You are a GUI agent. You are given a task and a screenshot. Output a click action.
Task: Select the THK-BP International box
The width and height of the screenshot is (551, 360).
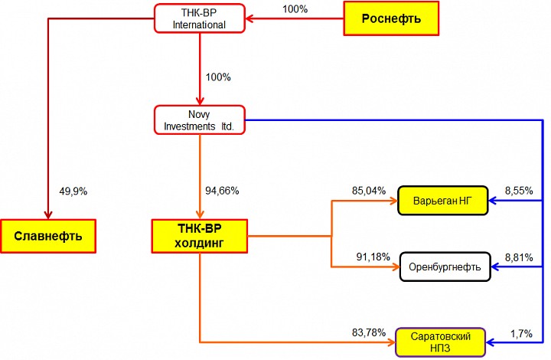pos(199,18)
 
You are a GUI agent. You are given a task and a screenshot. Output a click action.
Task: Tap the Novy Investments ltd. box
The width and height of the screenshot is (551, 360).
pos(199,119)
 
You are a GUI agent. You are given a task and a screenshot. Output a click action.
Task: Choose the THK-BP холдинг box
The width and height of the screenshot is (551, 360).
pos(199,236)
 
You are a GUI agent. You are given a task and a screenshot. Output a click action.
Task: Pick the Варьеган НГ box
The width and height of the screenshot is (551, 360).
pos(443,201)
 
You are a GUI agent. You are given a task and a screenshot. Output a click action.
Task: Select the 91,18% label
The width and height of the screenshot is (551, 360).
pos(371,256)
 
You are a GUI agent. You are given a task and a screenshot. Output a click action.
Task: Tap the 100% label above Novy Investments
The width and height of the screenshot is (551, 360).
pos(219,77)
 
